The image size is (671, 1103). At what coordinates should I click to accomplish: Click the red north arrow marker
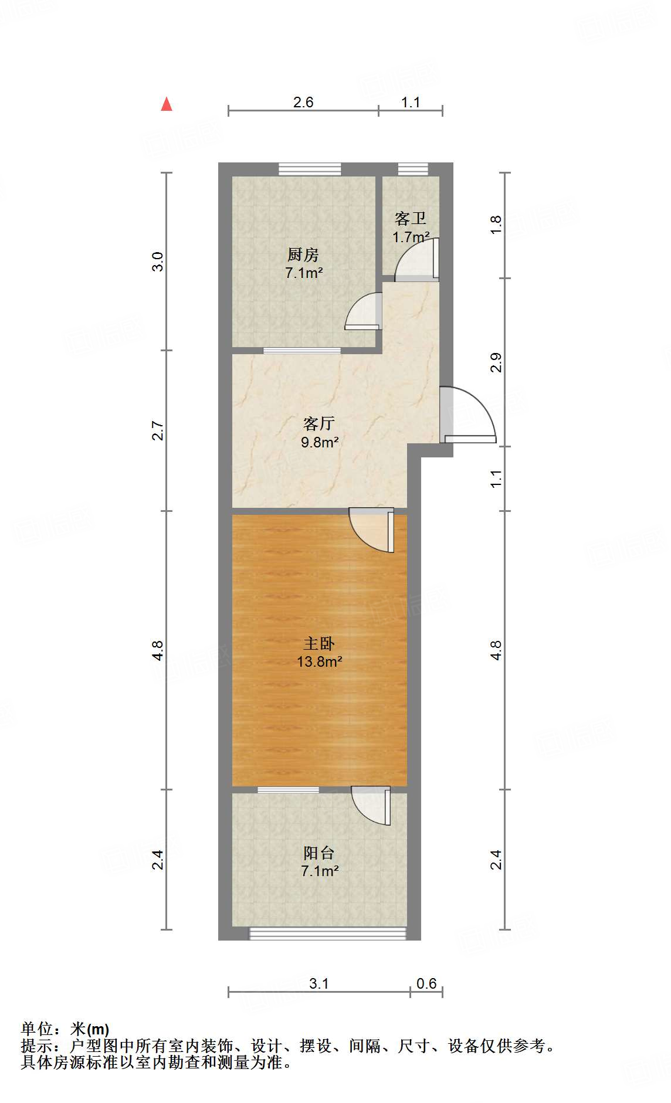click(x=167, y=104)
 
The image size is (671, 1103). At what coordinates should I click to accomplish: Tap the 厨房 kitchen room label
click(x=303, y=255)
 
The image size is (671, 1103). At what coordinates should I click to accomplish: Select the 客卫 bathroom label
click(x=410, y=219)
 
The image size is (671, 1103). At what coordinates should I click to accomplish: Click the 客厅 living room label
click(x=319, y=423)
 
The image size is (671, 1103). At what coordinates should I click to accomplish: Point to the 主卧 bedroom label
click(x=319, y=644)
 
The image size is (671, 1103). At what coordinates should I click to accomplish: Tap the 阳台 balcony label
click(x=319, y=853)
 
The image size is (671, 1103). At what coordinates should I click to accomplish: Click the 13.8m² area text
click(x=320, y=662)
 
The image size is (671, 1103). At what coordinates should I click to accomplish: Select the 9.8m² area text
click(x=320, y=442)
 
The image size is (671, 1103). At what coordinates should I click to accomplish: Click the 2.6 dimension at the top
click(x=303, y=102)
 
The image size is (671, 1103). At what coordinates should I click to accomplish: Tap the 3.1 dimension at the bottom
click(x=319, y=983)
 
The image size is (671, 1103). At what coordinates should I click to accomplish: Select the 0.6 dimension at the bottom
click(x=426, y=983)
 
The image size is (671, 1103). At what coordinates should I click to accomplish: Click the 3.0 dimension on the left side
click(x=157, y=261)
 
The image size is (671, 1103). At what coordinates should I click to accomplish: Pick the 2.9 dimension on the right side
click(x=496, y=362)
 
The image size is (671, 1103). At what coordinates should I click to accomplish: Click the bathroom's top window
click(x=409, y=169)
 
